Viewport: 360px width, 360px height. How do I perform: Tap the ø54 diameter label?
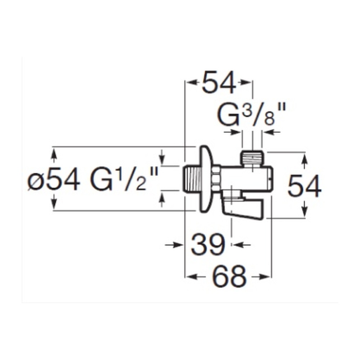(54, 179)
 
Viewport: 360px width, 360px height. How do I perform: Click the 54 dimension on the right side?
(304, 186)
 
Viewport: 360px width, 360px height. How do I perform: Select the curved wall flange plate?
(206, 179)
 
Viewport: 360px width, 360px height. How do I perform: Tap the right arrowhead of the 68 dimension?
(265, 276)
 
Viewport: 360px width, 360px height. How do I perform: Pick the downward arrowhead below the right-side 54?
(305, 211)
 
